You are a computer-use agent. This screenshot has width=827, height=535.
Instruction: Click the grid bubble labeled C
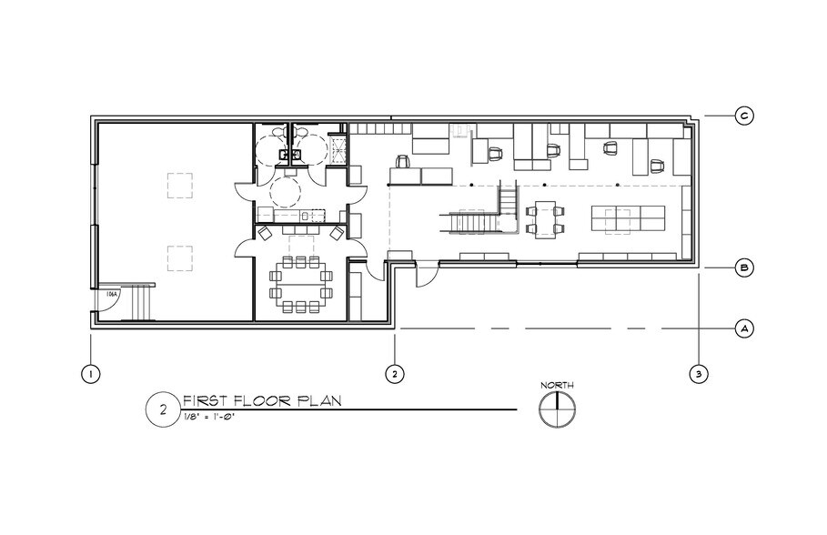tap(743, 116)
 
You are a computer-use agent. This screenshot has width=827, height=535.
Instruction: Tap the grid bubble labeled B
tap(743, 268)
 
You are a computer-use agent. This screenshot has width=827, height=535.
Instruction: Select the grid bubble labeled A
tap(743, 328)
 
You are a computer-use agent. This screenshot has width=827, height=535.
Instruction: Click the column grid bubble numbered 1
tap(90, 372)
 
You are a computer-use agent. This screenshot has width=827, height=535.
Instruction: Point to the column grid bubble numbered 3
tap(698, 372)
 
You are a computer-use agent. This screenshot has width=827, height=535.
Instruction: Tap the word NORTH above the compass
tap(557, 386)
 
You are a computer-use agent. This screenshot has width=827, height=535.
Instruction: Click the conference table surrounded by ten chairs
tap(300, 282)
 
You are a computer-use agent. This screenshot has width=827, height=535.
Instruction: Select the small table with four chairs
tap(546, 219)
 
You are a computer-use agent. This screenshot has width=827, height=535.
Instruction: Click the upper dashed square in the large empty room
tap(178, 187)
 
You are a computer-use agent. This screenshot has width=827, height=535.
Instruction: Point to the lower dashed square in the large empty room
tap(178, 257)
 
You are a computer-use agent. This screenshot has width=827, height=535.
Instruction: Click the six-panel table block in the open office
tap(628, 218)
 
